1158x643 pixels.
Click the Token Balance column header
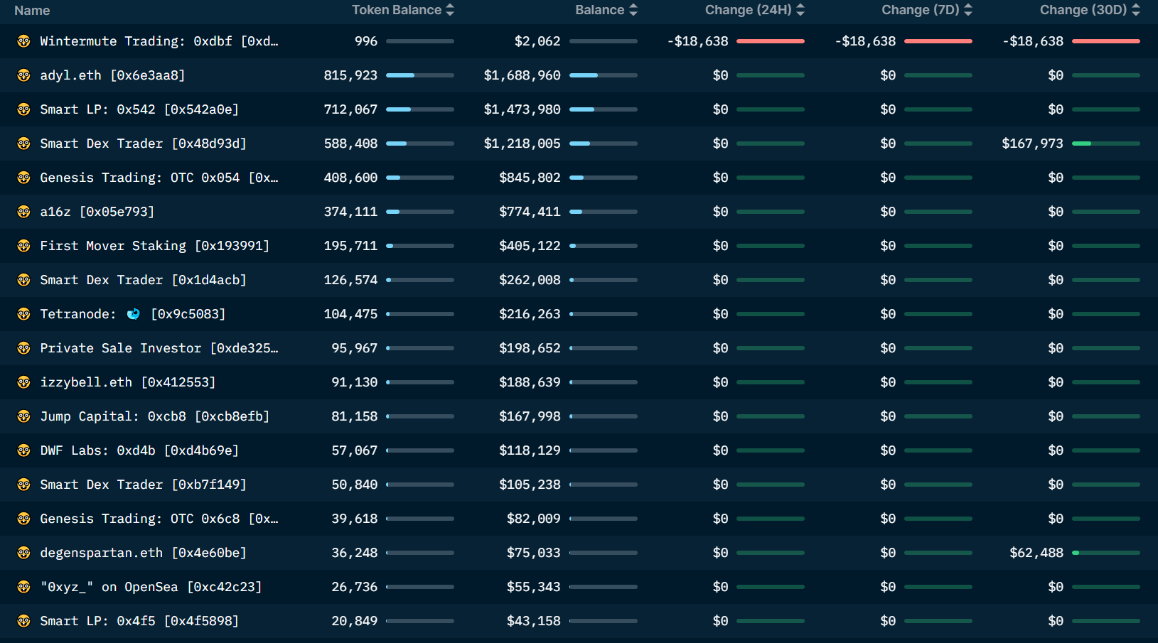397,10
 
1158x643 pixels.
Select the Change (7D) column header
920,10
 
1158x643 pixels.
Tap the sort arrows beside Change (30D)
1135,10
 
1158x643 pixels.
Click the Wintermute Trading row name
159,41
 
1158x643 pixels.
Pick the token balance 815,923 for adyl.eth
350,75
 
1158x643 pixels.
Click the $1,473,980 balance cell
522,109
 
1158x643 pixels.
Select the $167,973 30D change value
1032,144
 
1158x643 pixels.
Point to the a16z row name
97,212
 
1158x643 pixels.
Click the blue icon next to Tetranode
133,314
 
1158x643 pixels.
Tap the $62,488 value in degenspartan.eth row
1036,553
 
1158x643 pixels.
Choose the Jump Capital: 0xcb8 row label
154,416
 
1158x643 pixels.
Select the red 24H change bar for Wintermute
770,41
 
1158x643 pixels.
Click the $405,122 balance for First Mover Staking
530,246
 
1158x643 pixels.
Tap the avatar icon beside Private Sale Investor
24,348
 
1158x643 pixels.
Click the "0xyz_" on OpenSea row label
151,587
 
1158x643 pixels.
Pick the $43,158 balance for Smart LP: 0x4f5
533,621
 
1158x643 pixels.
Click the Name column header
32,11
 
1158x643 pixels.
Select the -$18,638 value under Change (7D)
865,41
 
